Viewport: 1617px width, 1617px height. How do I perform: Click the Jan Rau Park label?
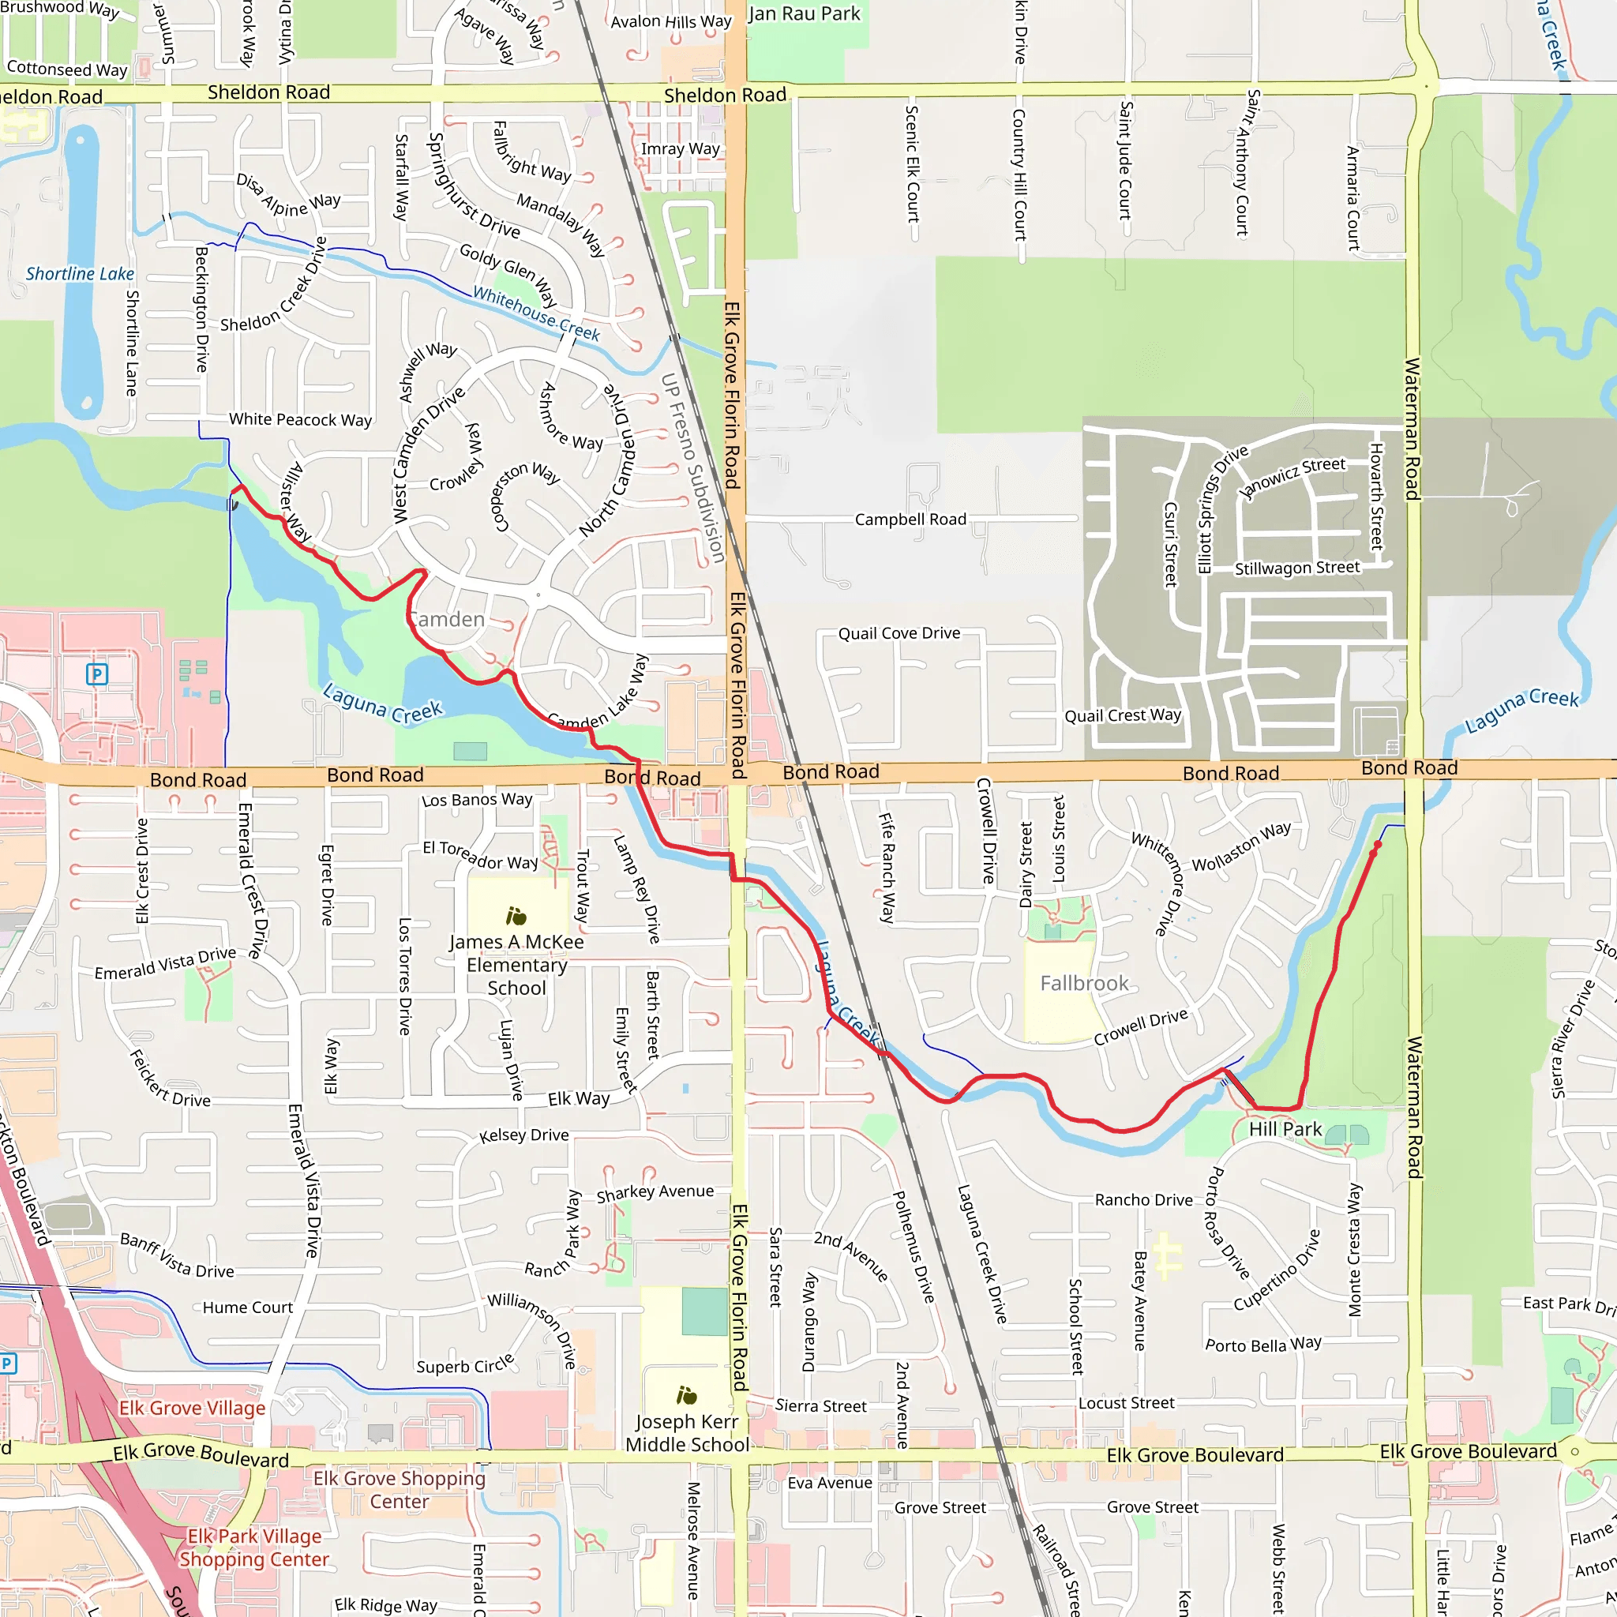pyautogui.click(x=804, y=14)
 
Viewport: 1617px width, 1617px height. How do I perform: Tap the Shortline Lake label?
pyautogui.click(x=80, y=274)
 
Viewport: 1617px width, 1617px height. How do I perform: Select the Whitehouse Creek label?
pyautogui.click(x=535, y=313)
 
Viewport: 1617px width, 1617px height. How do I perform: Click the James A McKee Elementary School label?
pyautogui.click(x=516, y=965)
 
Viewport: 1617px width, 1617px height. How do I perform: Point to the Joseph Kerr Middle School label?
pyautogui.click(x=687, y=1433)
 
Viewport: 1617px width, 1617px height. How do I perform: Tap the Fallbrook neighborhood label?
pyautogui.click(x=1084, y=984)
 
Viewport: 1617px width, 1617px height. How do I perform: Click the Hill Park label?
pyautogui.click(x=1285, y=1130)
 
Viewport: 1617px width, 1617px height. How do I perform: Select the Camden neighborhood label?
pyautogui.click(x=447, y=619)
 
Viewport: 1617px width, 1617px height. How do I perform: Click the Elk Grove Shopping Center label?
pyautogui.click(x=400, y=1490)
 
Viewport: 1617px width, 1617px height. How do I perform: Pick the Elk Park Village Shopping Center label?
pyautogui.click(x=254, y=1548)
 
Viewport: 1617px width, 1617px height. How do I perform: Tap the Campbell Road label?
pyautogui.click(x=910, y=520)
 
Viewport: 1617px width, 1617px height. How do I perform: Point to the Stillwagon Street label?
pyautogui.click(x=1297, y=568)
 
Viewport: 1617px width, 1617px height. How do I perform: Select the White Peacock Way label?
pyautogui.click(x=301, y=419)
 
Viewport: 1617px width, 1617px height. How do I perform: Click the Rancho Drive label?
pyautogui.click(x=1143, y=1200)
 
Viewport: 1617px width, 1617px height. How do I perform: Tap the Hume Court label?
pyautogui.click(x=248, y=1307)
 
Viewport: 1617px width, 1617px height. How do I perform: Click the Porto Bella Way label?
pyautogui.click(x=1263, y=1345)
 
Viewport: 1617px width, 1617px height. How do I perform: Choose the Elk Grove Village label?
pyautogui.click(x=192, y=1408)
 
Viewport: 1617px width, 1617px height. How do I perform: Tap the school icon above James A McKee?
pyautogui.click(x=516, y=917)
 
